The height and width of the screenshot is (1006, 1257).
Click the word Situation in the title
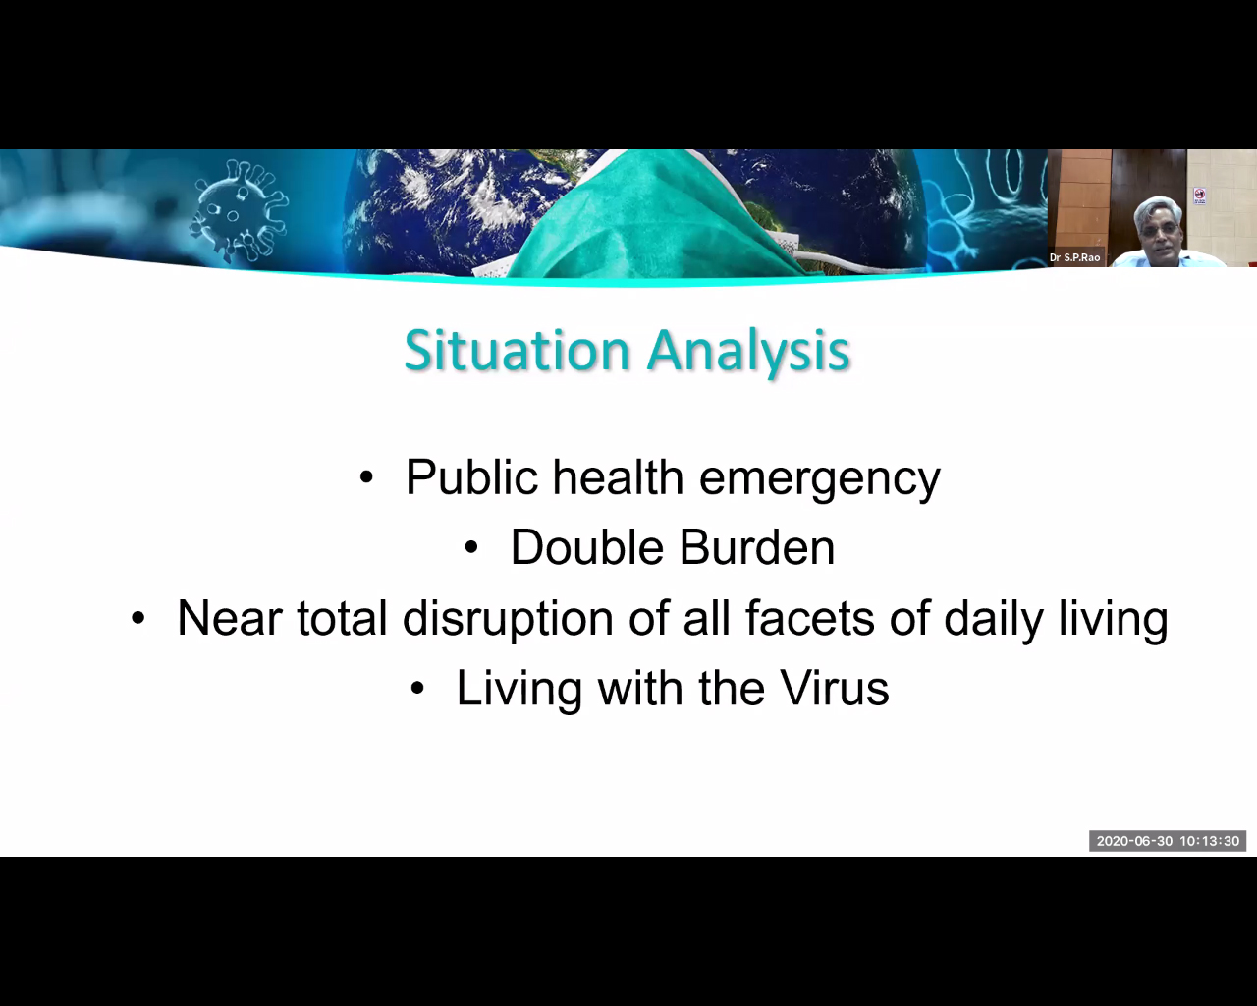(517, 350)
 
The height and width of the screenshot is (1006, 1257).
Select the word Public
(471, 477)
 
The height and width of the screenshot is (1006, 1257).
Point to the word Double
(587, 548)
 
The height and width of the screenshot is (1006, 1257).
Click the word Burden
(757, 548)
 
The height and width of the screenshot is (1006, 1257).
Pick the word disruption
(508, 620)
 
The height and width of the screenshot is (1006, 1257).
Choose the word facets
(809, 619)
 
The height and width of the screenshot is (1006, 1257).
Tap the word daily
(994, 620)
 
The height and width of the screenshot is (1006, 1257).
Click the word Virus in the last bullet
(835, 688)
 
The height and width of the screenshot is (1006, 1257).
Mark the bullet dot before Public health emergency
(366, 477)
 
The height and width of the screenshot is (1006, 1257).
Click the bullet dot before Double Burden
(470, 548)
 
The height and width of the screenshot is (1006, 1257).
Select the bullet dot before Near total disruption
(137, 619)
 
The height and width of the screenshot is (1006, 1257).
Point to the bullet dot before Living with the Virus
(417, 689)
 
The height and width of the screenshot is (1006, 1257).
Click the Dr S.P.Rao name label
(1074, 257)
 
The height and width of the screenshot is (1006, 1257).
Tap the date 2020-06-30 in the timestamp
(1134, 841)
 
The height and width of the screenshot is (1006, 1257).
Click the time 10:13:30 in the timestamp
(1210, 841)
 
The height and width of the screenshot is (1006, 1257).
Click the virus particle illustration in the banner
(239, 210)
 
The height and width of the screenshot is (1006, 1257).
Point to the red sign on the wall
(1200, 196)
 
